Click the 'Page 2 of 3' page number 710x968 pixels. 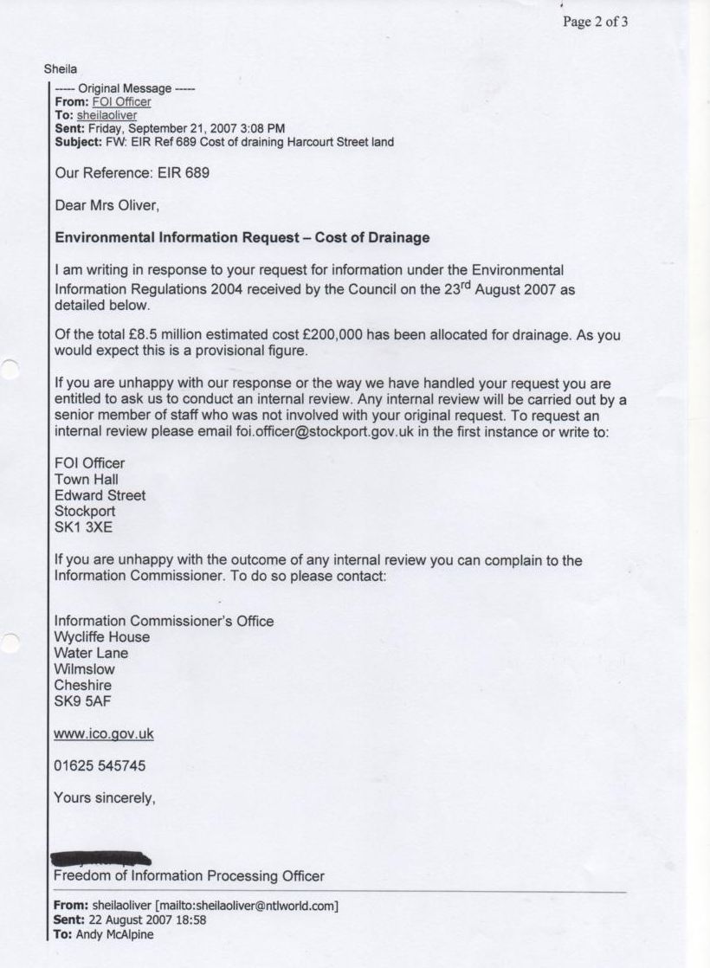tap(595, 23)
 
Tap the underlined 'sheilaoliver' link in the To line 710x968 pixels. tap(106, 115)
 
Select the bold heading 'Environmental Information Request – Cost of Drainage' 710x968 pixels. tap(242, 237)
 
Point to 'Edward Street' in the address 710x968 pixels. tap(100, 495)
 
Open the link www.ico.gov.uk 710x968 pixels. tap(104, 734)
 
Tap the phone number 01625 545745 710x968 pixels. tap(100, 766)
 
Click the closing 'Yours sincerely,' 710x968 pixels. tap(105, 798)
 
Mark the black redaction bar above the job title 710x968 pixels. tap(101, 859)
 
